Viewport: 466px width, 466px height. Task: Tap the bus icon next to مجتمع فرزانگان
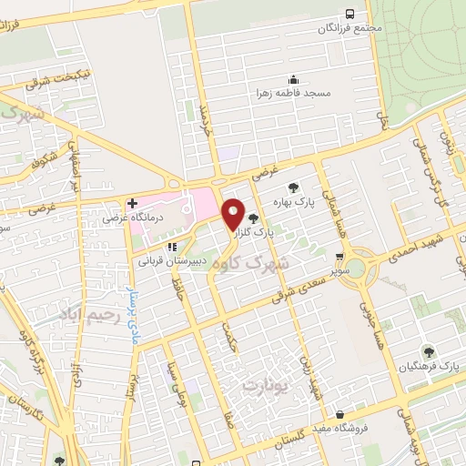(x=350, y=14)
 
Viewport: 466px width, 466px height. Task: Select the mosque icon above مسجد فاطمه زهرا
(x=293, y=79)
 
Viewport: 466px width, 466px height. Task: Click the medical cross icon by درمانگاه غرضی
(x=131, y=202)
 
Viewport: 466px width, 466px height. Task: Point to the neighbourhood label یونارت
(x=265, y=387)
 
